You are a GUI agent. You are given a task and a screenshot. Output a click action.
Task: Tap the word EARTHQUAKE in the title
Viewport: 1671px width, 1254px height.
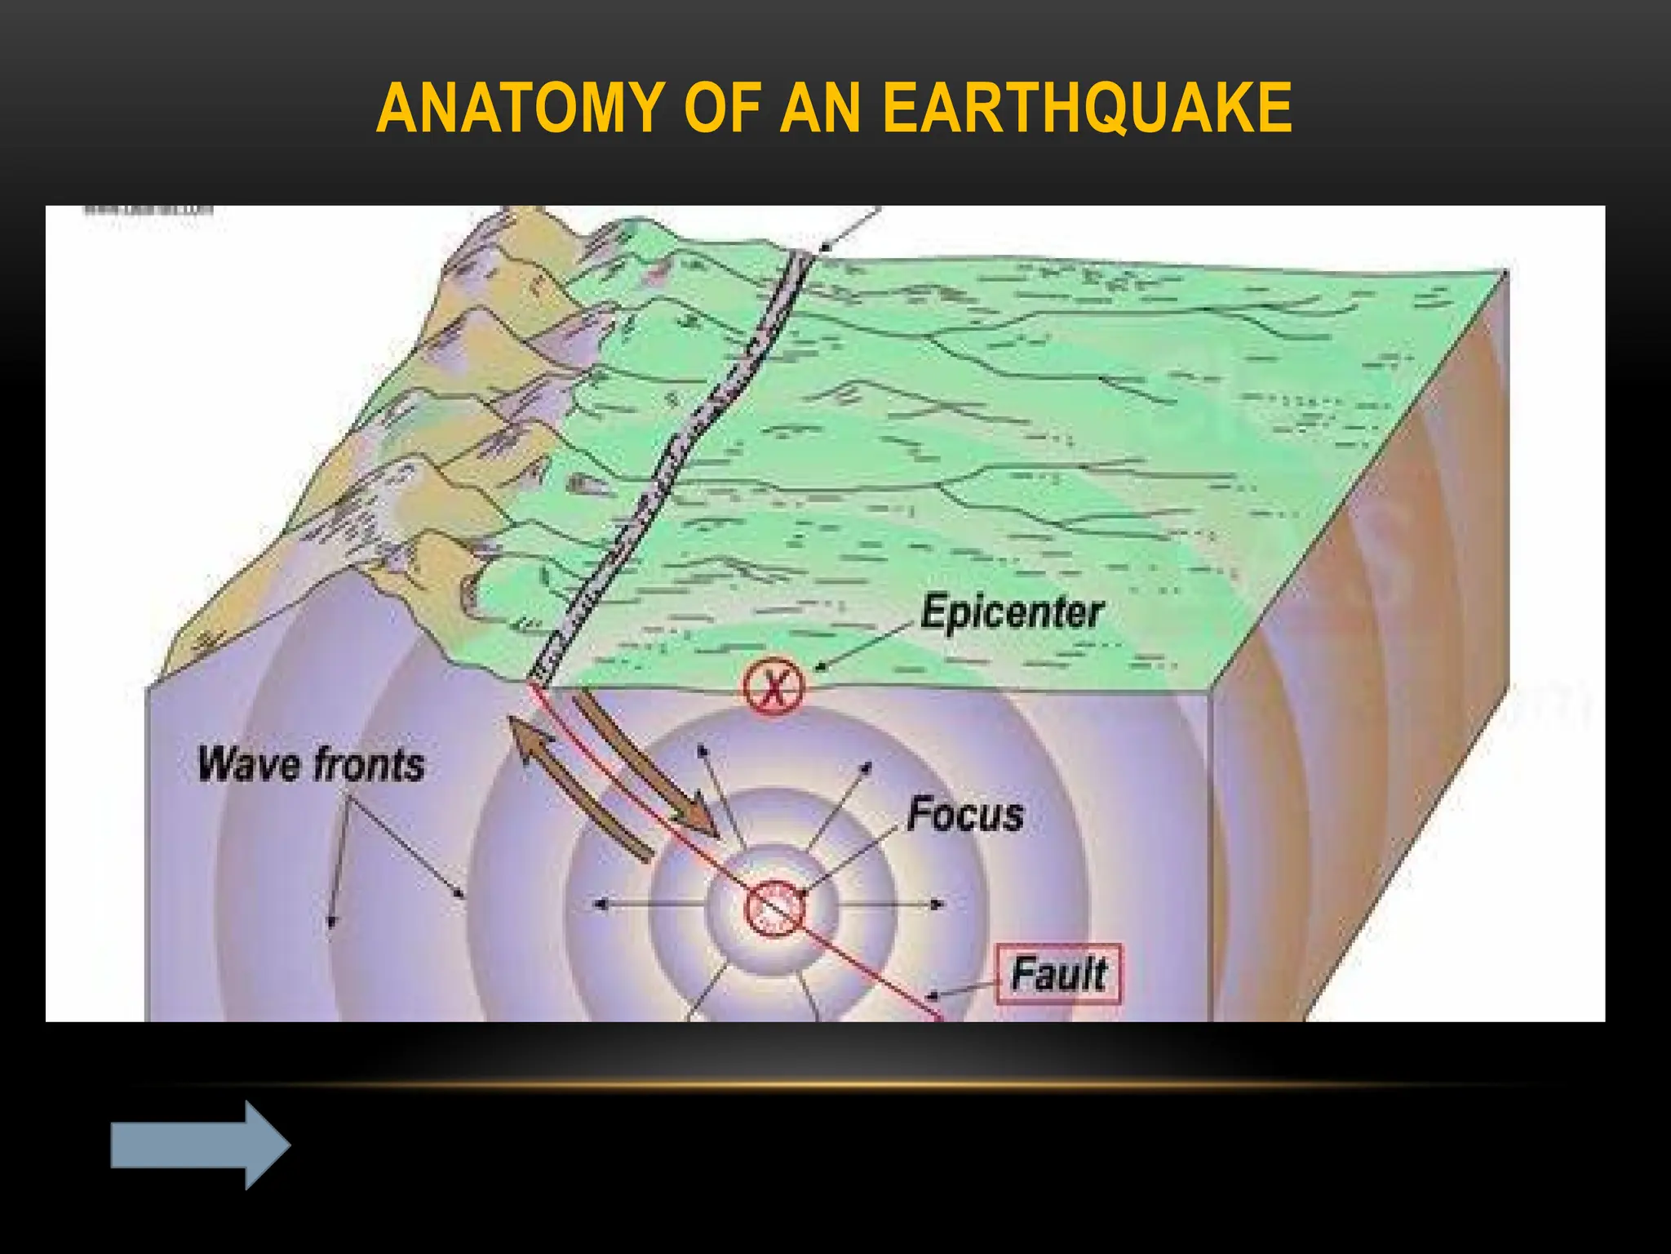(x=1088, y=108)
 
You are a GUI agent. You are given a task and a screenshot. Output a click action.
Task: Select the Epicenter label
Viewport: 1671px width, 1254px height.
(x=1012, y=612)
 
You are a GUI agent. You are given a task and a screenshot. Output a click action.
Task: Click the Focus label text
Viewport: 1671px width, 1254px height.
(x=965, y=815)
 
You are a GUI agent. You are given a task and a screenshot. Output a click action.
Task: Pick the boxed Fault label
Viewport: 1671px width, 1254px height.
(x=1059, y=974)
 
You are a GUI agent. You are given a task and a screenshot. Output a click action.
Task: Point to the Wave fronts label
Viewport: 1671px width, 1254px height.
(x=311, y=765)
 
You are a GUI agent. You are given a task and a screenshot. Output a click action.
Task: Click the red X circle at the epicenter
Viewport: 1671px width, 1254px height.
(x=773, y=687)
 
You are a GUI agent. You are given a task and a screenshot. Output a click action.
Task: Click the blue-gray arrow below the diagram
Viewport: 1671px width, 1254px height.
(x=200, y=1145)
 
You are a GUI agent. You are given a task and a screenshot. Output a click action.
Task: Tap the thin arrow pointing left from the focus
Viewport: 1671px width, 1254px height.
(x=649, y=904)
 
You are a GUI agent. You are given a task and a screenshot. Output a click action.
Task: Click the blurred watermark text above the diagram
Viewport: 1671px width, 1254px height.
(x=148, y=210)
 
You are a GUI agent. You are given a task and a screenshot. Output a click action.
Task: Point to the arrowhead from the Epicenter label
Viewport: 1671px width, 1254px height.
(x=820, y=667)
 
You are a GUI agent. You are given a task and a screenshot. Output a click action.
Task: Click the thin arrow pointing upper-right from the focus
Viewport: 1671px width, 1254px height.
(x=840, y=804)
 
